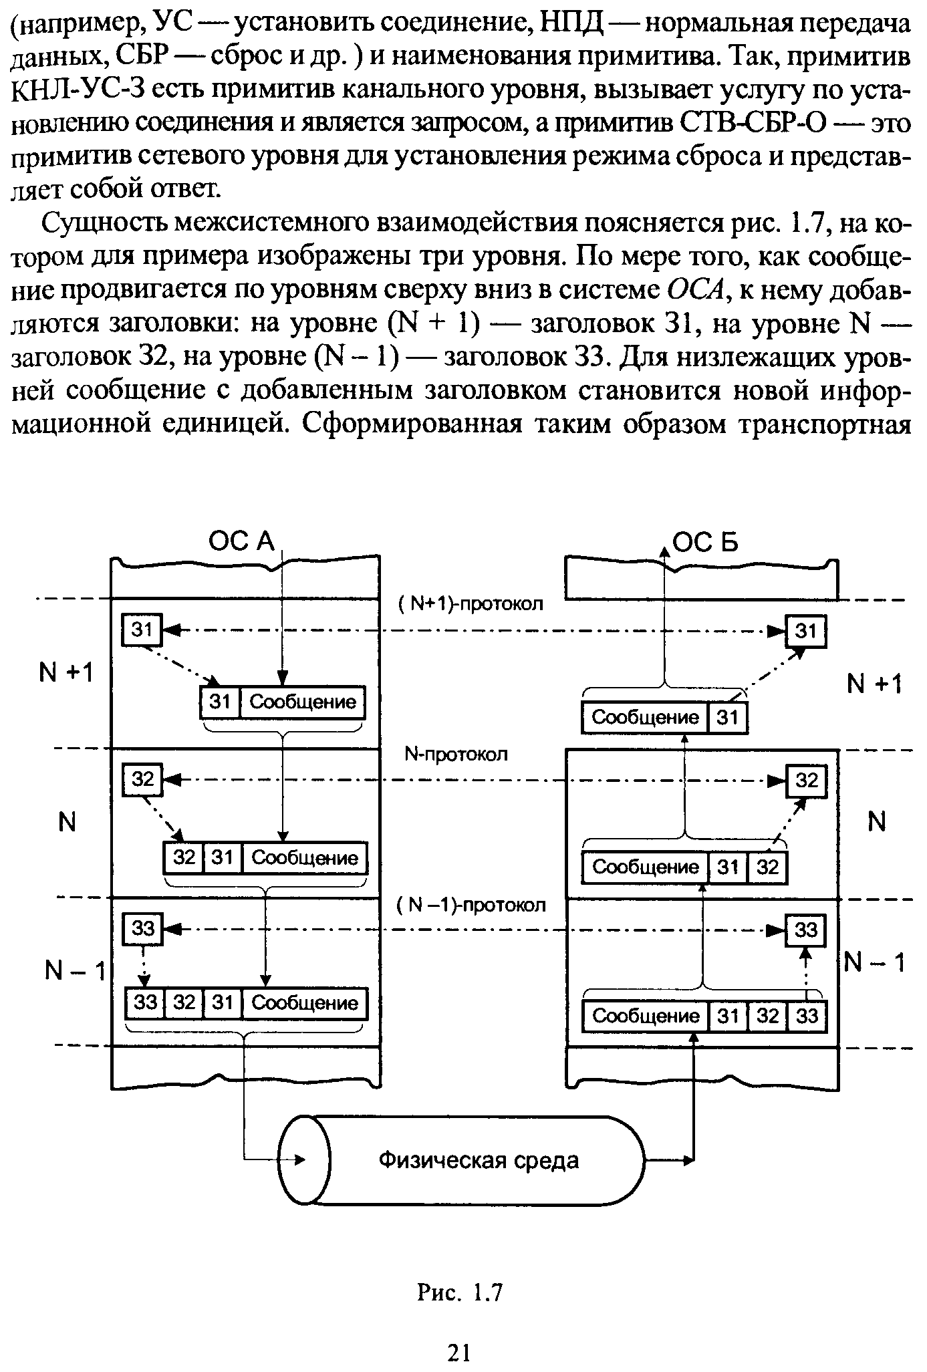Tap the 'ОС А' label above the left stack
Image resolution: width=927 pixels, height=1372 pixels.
(x=241, y=541)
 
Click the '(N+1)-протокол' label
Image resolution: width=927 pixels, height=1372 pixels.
(x=471, y=604)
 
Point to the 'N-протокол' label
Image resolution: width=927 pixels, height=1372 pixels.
(x=456, y=754)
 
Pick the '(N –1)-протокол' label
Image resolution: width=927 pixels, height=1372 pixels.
(x=471, y=906)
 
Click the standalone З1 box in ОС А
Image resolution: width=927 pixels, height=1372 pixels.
(x=141, y=630)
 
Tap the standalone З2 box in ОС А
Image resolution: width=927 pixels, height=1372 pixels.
(x=142, y=780)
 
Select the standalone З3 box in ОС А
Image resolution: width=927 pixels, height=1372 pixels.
(x=142, y=929)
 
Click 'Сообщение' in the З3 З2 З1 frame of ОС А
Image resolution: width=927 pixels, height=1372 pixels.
(x=305, y=1002)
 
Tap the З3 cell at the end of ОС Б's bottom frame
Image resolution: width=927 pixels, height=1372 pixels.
(x=807, y=1016)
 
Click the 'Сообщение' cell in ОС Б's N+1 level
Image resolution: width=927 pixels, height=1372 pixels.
(x=645, y=718)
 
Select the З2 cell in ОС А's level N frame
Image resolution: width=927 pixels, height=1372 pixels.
(x=183, y=857)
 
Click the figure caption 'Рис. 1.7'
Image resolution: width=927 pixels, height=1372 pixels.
(x=459, y=1293)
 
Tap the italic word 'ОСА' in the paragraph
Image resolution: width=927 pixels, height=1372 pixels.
(x=696, y=290)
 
